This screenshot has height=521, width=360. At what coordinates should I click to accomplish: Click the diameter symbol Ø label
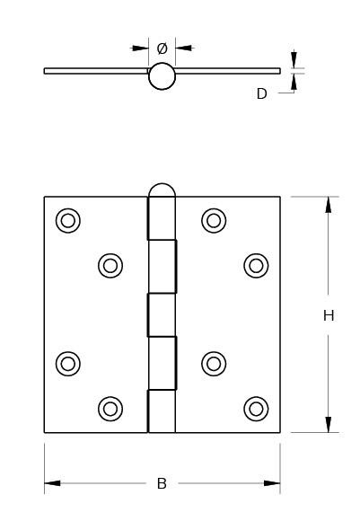162,49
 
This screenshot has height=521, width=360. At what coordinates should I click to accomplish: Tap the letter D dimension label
262,93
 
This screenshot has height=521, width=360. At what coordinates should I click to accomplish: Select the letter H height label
329,315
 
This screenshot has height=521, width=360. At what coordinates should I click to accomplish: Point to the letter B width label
162,483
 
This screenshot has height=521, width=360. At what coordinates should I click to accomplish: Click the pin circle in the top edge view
162,76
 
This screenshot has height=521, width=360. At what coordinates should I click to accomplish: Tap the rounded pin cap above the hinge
162,190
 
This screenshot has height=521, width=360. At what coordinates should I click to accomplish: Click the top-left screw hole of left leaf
68,221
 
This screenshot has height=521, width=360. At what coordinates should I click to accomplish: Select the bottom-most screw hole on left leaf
110,409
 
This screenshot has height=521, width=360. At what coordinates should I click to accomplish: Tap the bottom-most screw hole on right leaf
256,409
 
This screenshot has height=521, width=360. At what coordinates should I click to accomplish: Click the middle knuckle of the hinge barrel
162,315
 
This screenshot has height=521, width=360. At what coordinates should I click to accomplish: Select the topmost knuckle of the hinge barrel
161,218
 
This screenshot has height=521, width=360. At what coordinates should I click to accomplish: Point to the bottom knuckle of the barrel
161,411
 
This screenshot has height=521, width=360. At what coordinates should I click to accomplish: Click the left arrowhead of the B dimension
52,483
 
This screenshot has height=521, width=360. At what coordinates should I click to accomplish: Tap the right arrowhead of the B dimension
272,483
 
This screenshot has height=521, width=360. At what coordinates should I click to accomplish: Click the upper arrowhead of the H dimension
328,205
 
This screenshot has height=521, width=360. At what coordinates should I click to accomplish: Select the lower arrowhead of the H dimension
328,425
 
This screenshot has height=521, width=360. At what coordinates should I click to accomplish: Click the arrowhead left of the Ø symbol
140,49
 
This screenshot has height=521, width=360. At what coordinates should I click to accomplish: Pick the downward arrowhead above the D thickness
294,60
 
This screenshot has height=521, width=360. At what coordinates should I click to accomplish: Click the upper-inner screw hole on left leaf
110,266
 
